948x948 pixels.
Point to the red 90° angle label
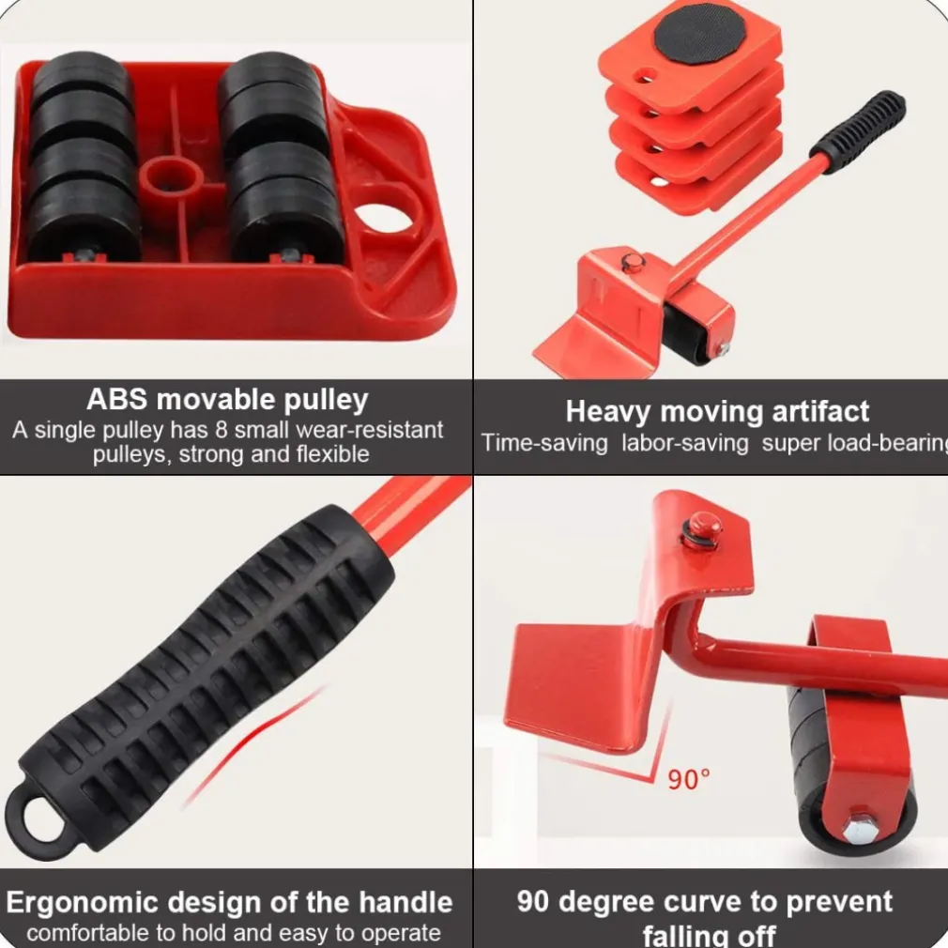(688, 779)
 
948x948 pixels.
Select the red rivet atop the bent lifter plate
(704, 524)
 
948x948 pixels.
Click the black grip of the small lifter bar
(858, 131)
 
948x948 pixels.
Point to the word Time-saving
(544, 443)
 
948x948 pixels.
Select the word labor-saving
(685, 443)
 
